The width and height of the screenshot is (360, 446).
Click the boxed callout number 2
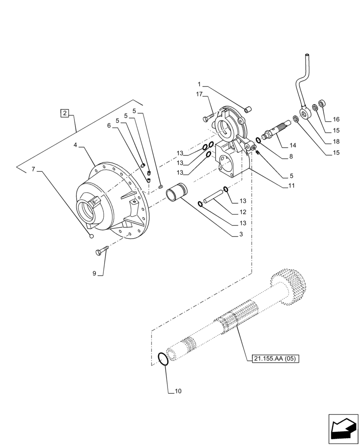pos(65,113)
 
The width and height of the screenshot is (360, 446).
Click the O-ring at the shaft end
pos(164,359)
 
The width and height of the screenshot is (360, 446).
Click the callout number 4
pos(75,145)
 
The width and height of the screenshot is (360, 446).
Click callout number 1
pos(200,84)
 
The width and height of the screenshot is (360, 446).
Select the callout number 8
pos(290,157)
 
